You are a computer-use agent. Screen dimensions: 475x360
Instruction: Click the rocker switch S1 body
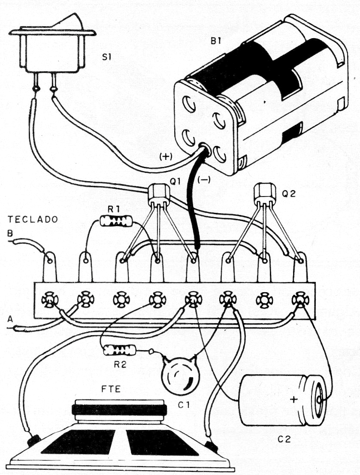tap(51, 49)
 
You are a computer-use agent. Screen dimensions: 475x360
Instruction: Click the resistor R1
tap(116, 221)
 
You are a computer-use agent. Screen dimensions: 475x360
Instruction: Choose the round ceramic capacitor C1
tap(180, 375)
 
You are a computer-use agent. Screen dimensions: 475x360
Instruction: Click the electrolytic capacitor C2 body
tap(283, 400)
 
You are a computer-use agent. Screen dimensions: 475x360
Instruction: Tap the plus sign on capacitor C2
tap(293, 399)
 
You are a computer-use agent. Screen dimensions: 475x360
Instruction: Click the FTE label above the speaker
tap(114, 390)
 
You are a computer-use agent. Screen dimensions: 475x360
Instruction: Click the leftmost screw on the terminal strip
tap(48, 299)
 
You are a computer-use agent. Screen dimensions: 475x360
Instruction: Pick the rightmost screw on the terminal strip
tap(297, 299)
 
